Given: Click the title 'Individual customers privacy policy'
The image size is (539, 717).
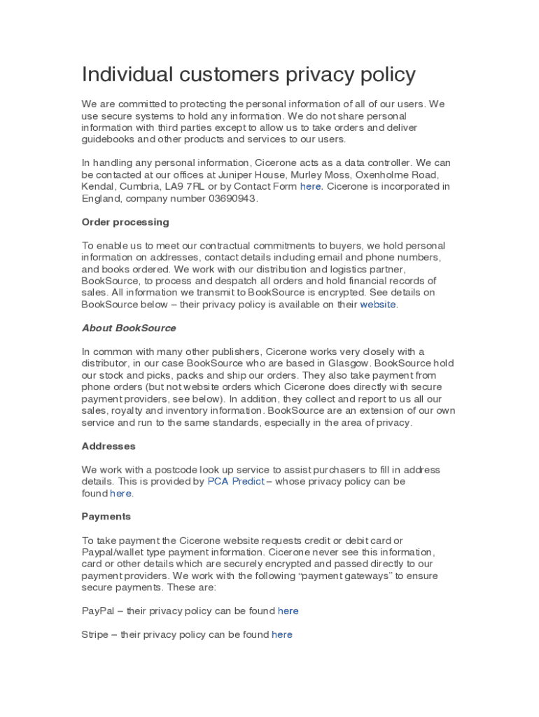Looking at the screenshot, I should tap(248, 74).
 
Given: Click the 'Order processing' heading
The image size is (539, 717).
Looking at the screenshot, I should tap(125, 222).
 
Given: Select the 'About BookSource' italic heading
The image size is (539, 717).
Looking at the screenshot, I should tap(129, 328).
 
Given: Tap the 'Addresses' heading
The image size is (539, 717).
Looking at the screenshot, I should tap(108, 446).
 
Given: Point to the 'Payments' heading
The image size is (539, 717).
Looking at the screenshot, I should tap(106, 517).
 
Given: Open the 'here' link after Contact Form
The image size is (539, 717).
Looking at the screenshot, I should tap(311, 186).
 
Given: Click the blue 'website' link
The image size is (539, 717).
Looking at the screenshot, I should tap(378, 305).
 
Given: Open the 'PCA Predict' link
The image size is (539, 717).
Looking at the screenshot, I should tap(236, 482).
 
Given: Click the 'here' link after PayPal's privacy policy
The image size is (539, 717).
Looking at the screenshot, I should tap(288, 611).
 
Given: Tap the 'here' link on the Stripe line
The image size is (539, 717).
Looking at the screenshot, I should tap(282, 634).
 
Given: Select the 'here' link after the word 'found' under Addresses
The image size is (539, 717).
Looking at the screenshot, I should tap(120, 494).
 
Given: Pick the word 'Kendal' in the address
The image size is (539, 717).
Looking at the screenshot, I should tap(98, 186).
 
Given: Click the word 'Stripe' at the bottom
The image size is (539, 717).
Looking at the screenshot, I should tap(95, 634).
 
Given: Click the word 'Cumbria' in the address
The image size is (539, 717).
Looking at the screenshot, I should tap(140, 186).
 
